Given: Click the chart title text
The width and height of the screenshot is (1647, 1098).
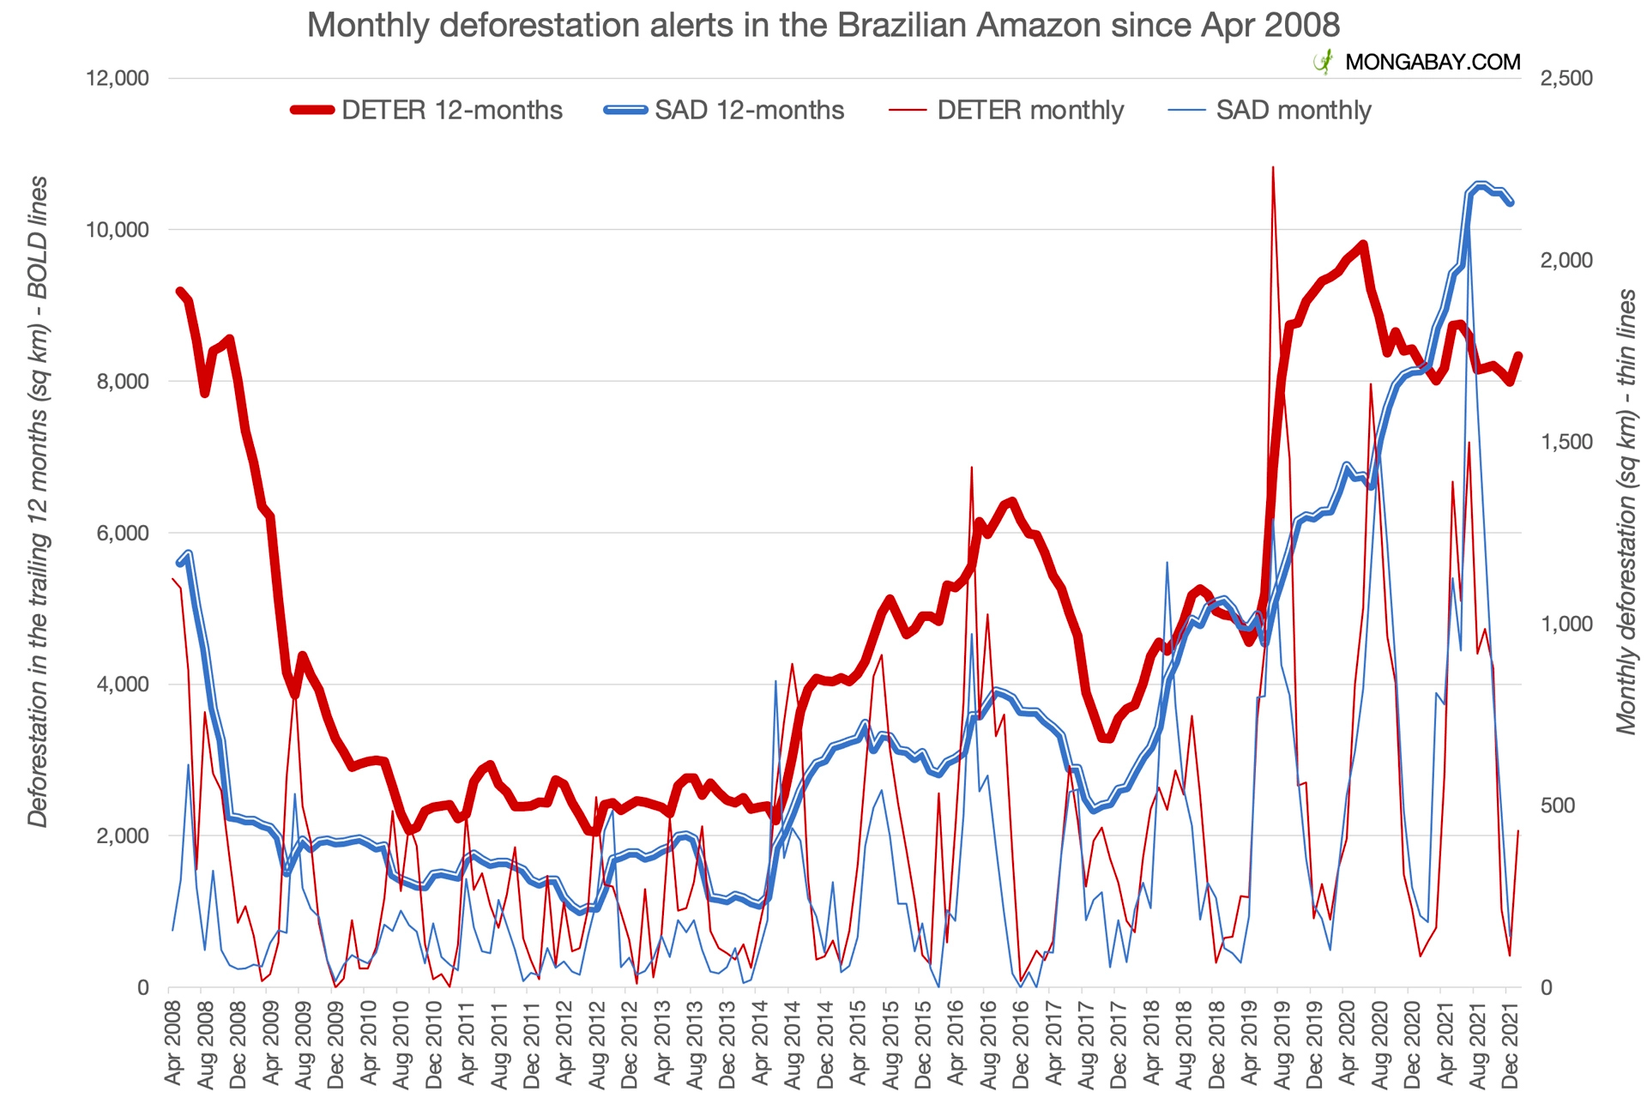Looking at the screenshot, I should pos(823,25).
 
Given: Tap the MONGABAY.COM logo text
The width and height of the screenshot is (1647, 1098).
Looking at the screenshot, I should pos(1432,62).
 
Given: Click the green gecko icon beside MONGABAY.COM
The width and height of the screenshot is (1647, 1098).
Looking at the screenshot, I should pos(1324,62).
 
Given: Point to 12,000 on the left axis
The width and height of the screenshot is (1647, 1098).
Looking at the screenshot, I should pos(118,78).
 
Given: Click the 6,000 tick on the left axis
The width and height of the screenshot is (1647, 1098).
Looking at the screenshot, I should pos(123,533).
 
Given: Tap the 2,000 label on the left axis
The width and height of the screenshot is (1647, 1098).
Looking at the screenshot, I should pos(123,836).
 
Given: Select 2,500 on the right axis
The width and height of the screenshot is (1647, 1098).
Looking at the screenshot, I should pos(1566,78).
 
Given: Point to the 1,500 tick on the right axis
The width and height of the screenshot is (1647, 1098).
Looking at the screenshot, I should pos(1566,442).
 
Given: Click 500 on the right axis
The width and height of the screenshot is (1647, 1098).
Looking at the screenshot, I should pos(1558,805).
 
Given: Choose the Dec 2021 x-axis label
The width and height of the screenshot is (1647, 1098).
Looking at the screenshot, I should pos(1510,1044).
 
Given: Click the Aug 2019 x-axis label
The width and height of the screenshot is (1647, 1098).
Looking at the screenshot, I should pos(1281,1044).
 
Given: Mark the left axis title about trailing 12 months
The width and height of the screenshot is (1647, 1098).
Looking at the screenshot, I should pos(38,502).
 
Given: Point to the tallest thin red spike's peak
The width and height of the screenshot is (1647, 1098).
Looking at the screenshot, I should pos(1273,167).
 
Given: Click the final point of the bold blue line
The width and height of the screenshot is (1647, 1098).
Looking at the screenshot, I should pos(1511,202).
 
